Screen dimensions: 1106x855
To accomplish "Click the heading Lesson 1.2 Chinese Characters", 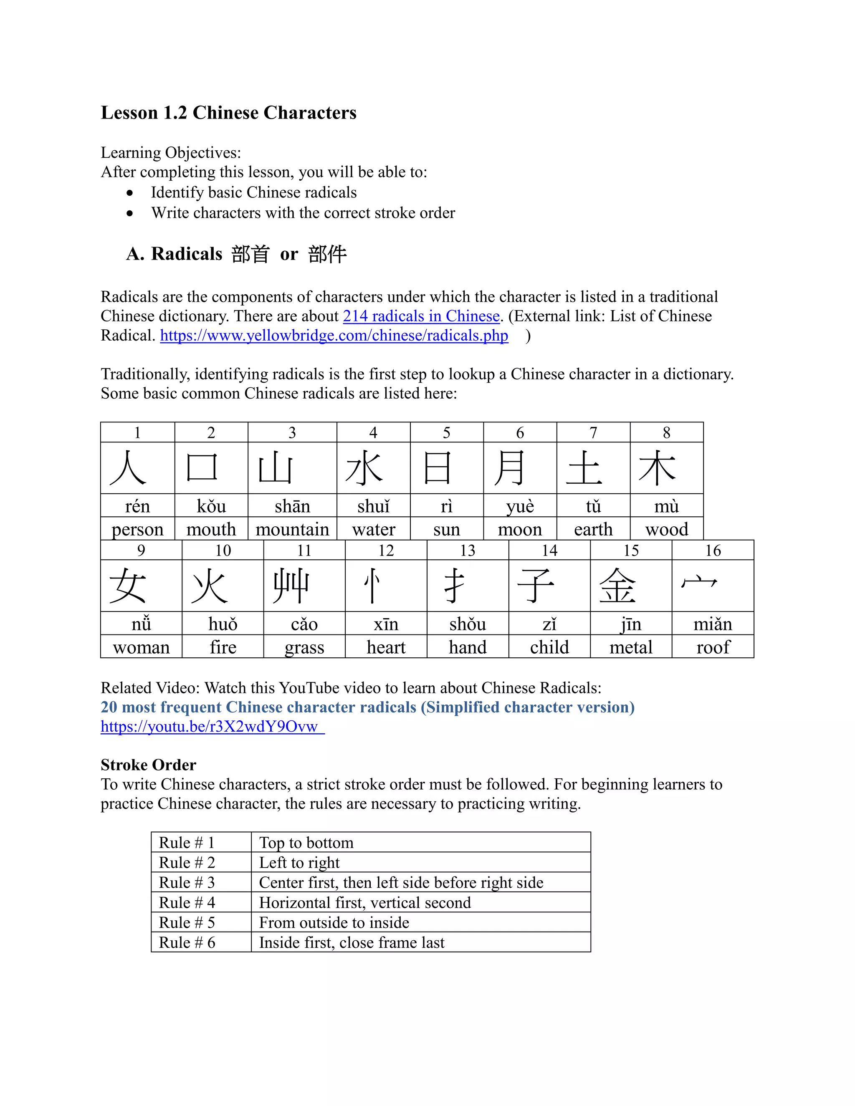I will (228, 112).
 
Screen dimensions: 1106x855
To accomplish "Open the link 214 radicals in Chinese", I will (421, 316).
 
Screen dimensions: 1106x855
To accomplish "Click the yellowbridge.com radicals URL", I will (334, 335).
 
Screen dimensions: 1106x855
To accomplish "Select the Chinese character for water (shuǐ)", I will (364, 468).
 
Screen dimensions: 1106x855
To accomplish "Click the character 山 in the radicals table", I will (275, 468).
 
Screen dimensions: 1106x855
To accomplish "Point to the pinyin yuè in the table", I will (520, 506).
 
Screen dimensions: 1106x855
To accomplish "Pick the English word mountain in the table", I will (292, 529).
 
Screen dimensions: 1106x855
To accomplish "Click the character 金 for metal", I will (617, 586).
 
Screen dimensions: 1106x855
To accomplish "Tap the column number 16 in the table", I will (713, 550).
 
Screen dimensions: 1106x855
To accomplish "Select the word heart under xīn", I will (386, 647).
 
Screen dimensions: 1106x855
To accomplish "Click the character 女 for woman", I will (127, 586).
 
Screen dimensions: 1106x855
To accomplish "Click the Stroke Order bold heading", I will (148, 765).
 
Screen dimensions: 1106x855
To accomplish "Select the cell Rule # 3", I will (187, 883).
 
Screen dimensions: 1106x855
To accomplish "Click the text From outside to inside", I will (334, 923).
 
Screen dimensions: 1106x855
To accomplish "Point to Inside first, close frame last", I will (352, 942).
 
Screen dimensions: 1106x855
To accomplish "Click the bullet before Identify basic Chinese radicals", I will (130, 193).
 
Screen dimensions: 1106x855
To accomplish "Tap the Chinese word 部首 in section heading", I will (250, 254).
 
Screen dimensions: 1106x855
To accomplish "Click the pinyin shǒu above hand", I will (468, 624).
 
